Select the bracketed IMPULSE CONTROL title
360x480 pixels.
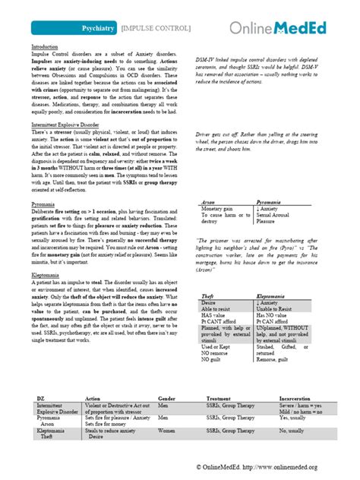coord(147,28)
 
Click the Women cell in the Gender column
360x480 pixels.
coord(166,431)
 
